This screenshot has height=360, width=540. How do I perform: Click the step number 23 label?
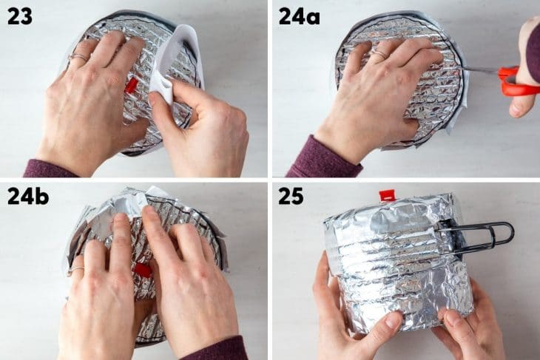coord(20,16)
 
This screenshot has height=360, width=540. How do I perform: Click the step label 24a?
coord(299,16)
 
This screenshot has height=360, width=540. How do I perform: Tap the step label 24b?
coord(27,196)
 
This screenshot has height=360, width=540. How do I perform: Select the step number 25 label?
coord(291,196)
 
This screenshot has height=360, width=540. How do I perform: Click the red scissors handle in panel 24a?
coord(517,82)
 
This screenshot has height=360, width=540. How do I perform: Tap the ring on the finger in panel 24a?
coord(378,53)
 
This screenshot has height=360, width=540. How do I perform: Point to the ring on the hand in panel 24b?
coord(75,271)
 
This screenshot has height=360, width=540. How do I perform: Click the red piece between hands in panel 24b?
coord(143,271)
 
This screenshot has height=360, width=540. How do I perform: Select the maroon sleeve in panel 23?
coord(48,169)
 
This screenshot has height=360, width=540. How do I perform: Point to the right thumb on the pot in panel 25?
coord(448,319)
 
